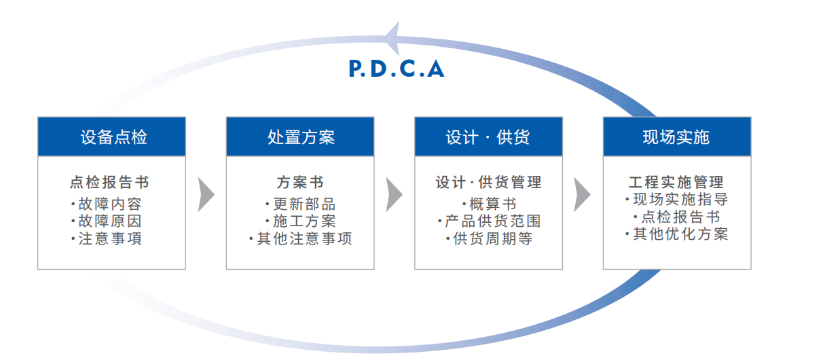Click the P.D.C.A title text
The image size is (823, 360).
[397, 69]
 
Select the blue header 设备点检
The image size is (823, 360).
[111, 137]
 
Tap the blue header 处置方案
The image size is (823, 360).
[300, 137]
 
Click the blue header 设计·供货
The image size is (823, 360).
[488, 137]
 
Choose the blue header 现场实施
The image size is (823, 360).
[676, 137]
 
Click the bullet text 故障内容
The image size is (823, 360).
[109, 204]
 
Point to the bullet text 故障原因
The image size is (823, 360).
[109, 221]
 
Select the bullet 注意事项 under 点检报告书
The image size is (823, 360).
[109, 239]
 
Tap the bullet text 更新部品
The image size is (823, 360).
[303, 204]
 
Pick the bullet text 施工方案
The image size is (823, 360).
[303, 221]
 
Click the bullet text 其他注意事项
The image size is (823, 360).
[303, 239]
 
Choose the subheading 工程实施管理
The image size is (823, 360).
[676, 182]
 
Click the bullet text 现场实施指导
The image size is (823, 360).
[680, 200]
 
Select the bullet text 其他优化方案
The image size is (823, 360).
[680, 234]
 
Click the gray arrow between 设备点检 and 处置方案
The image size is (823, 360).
[206, 195]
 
